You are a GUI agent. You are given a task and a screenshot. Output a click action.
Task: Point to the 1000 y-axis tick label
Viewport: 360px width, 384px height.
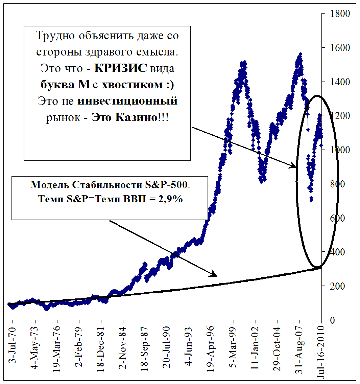click(340, 150)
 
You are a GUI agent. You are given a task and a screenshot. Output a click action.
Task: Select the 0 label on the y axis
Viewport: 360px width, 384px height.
click(333, 320)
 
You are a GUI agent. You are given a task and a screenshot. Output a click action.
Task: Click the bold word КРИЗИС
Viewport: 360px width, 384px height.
click(120, 68)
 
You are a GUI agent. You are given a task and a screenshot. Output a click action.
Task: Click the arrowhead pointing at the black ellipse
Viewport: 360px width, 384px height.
click(293, 166)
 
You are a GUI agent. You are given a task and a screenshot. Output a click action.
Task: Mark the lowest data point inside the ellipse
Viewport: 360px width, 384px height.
click(311, 199)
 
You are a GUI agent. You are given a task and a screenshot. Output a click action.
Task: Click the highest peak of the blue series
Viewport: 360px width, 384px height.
click(300, 54)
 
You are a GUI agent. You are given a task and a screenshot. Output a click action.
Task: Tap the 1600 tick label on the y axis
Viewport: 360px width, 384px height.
click(340, 48)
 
